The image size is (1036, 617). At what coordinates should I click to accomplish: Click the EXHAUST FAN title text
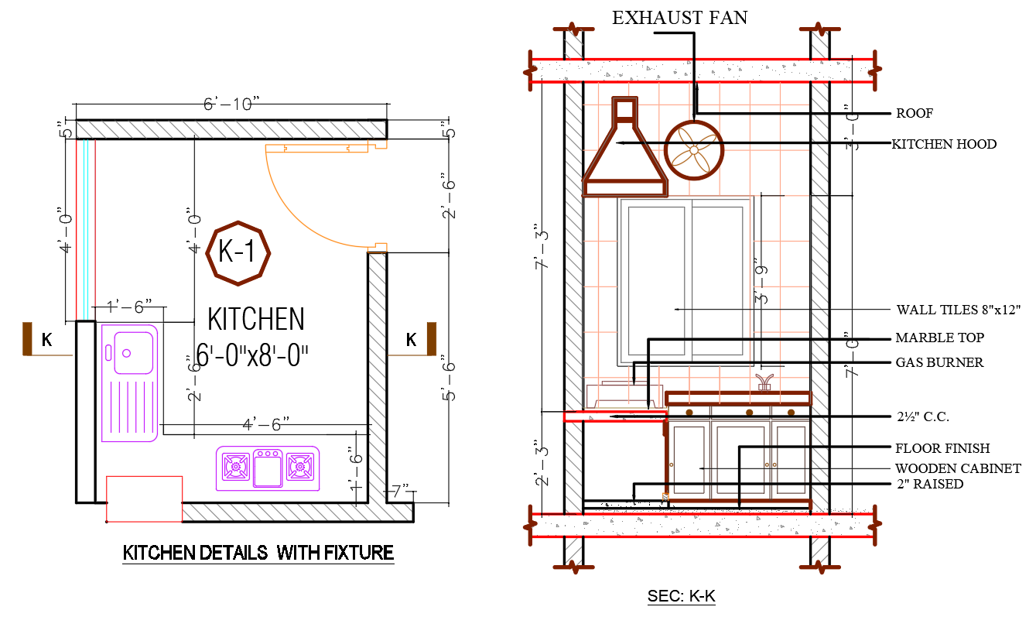pos(679,17)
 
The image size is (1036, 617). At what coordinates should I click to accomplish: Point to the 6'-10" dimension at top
pos(231,105)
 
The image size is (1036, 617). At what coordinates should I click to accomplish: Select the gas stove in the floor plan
pos(268,467)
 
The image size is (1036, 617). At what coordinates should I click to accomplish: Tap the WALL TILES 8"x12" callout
pos(958,310)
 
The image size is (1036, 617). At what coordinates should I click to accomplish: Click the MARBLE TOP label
pos(939,338)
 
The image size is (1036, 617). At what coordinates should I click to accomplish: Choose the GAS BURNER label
pos(939,362)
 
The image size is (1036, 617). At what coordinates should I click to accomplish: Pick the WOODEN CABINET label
pos(957,468)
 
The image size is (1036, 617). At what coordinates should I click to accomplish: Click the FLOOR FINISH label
pos(942,448)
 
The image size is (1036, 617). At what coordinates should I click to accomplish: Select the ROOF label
pos(914,114)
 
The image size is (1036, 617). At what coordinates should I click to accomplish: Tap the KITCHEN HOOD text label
pos(943,144)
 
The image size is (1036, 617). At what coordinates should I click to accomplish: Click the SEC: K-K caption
pos(681,597)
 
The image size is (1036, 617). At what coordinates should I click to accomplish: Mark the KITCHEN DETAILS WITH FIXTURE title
pos(258,554)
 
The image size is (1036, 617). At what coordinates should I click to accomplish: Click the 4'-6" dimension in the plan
pos(265,423)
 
